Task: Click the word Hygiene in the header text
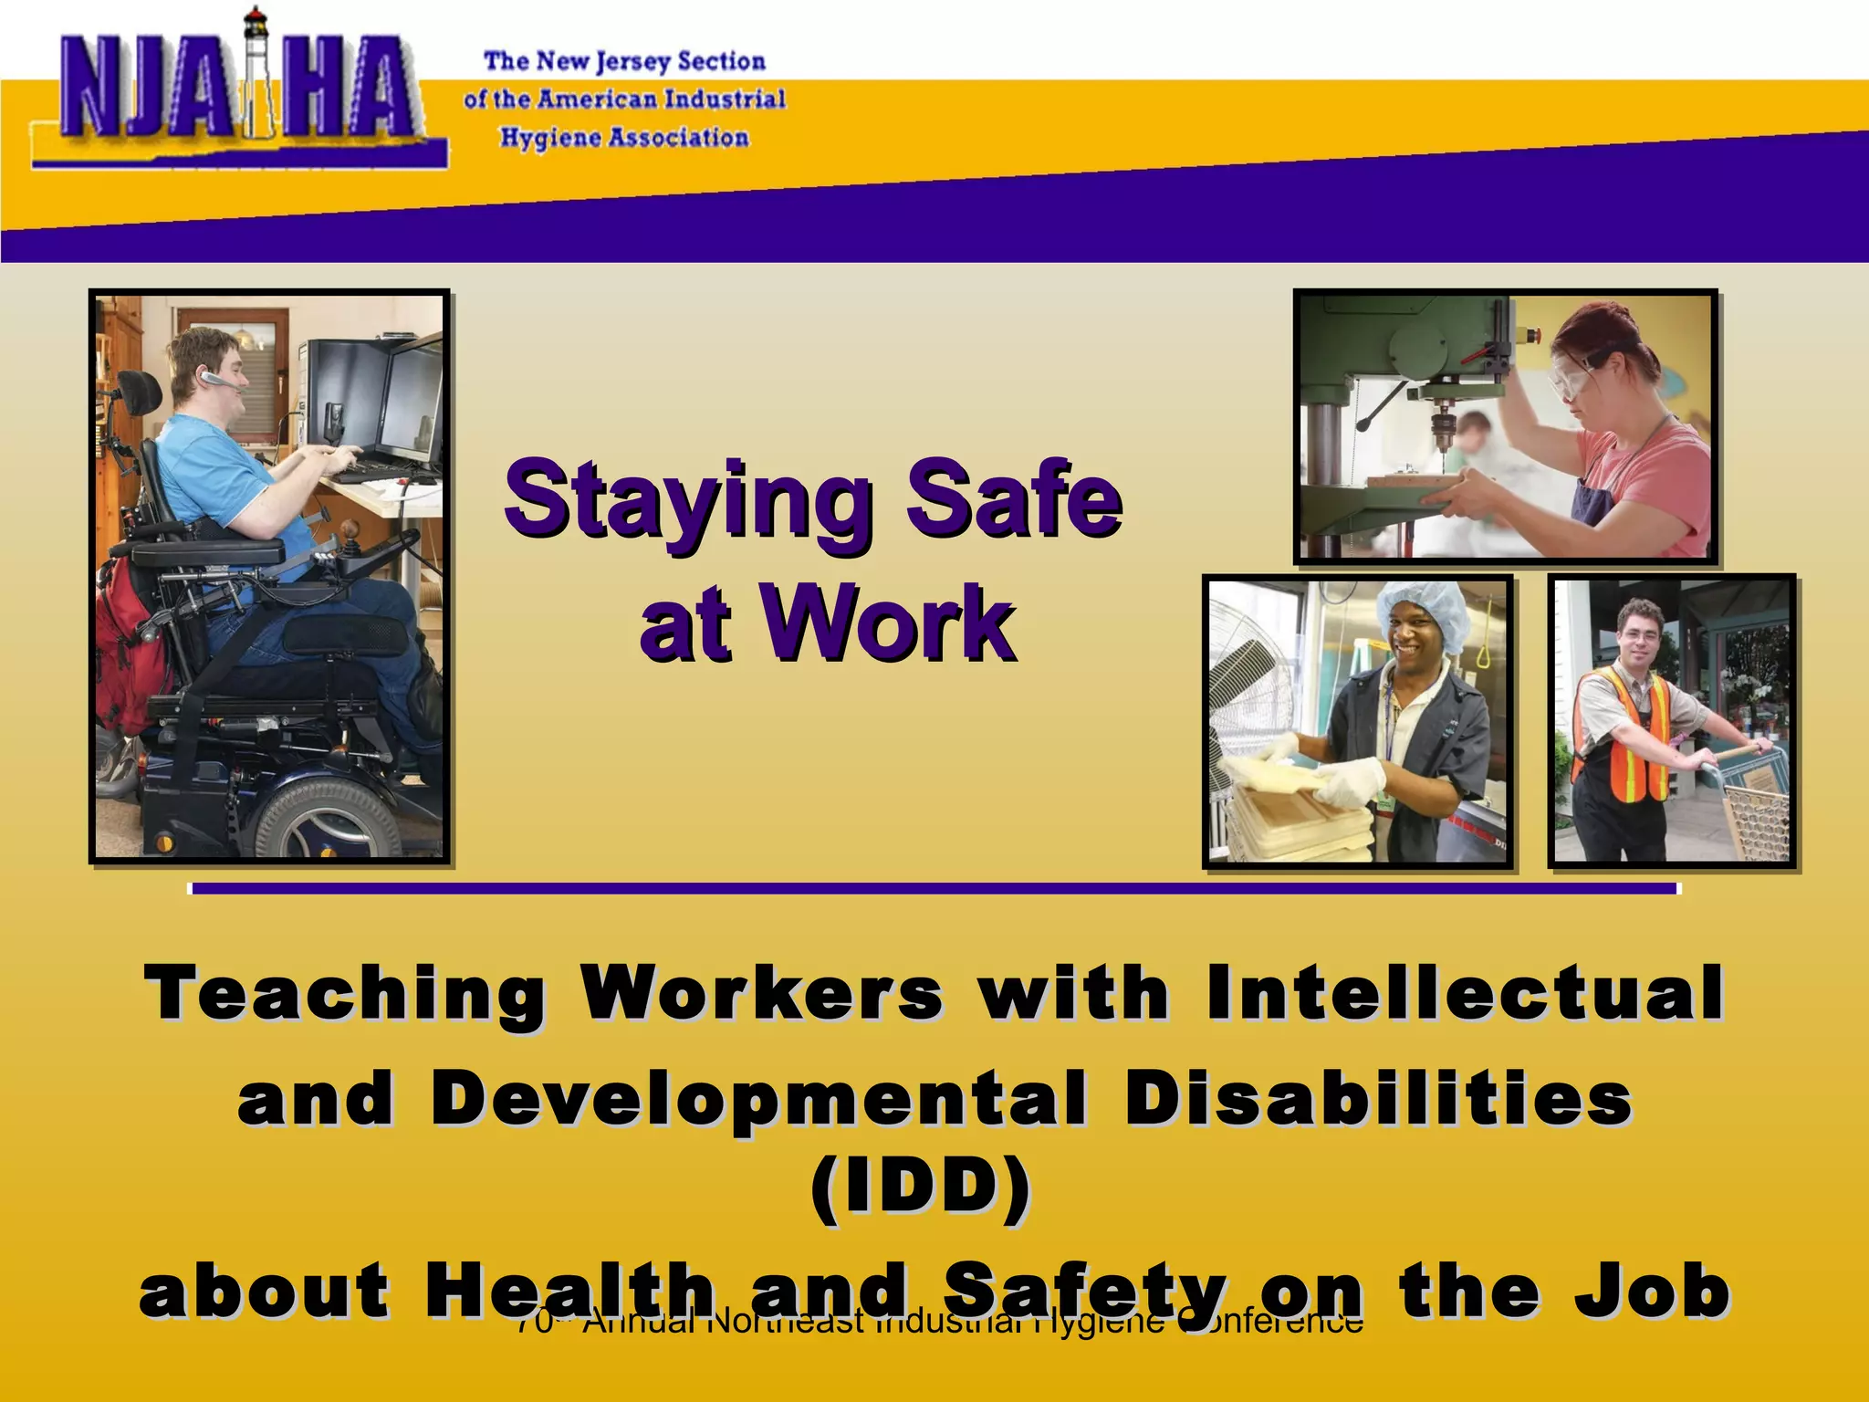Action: (x=548, y=138)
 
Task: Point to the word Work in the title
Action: (x=890, y=624)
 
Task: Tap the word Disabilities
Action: (x=1378, y=1099)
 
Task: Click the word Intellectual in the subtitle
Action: (x=1465, y=994)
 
